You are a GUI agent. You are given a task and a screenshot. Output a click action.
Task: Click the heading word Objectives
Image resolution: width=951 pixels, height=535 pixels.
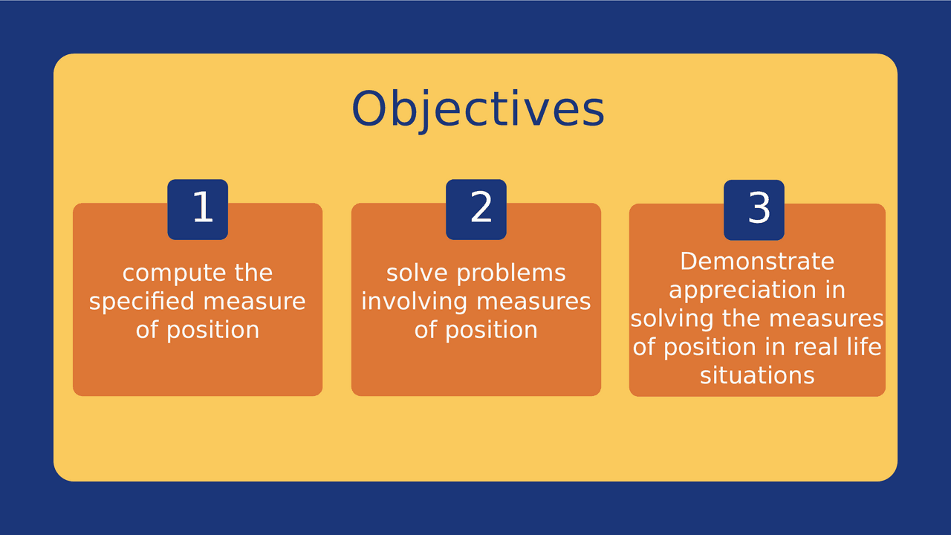[x=478, y=109]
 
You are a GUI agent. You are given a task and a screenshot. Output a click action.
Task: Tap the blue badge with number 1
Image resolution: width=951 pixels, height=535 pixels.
[x=198, y=210]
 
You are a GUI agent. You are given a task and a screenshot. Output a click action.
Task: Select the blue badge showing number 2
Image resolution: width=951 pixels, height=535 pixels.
[x=476, y=210]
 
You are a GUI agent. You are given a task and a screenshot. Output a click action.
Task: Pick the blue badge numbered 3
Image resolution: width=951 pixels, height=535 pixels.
[x=754, y=210]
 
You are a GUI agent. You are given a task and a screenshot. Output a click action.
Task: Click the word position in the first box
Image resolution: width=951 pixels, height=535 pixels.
[x=212, y=330]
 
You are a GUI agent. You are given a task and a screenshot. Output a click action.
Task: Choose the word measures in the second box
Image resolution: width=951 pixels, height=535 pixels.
[x=533, y=302]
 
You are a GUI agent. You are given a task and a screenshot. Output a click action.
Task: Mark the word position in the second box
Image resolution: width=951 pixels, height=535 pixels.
[x=491, y=330]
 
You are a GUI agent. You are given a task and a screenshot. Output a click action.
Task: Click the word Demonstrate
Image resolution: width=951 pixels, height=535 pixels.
[x=757, y=262]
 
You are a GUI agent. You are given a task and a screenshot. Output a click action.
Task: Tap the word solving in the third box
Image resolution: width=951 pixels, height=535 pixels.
[x=672, y=319]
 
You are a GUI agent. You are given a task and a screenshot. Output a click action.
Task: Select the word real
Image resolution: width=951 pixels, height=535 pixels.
[x=819, y=347]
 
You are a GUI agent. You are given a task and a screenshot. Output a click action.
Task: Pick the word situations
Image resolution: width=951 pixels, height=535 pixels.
[x=757, y=375]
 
